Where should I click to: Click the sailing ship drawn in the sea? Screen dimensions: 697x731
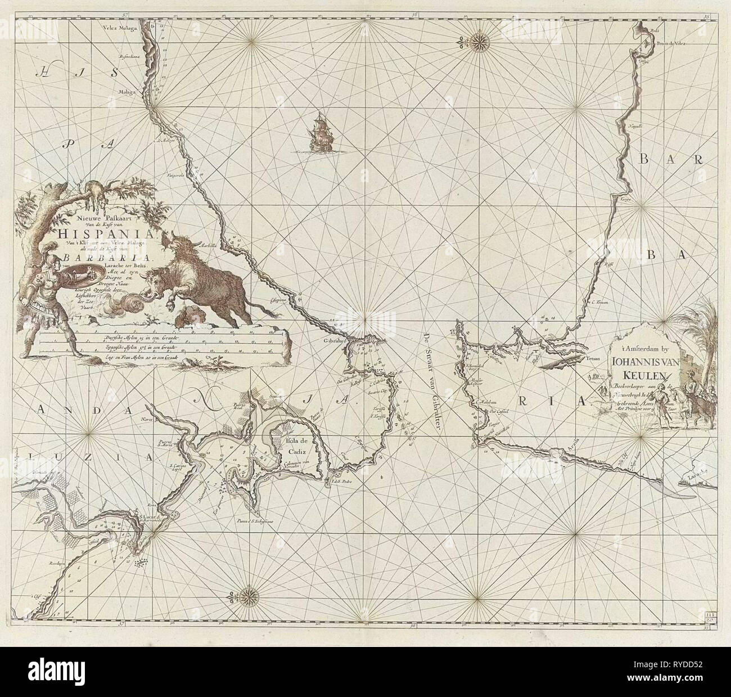(x=319, y=132)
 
